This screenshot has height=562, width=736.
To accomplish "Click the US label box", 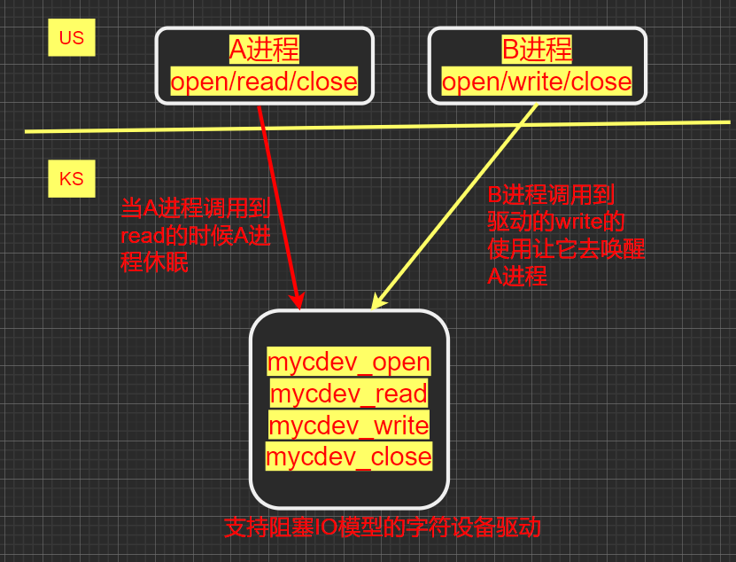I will (71, 39).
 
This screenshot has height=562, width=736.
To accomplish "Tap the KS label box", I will (71, 179).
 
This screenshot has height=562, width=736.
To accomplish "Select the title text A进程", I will (264, 50).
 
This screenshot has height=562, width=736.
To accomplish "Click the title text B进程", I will (537, 50).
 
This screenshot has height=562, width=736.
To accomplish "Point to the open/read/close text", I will (264, 82).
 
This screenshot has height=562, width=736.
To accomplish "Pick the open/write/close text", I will (537, 82).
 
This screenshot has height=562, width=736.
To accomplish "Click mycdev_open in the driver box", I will (349, 362).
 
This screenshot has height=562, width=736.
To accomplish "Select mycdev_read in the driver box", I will (349, 394).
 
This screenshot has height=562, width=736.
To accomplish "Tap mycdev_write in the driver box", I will (349, 425).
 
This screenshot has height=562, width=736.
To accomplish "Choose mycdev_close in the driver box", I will (349, 457).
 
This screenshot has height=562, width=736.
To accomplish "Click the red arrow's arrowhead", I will (298, 300).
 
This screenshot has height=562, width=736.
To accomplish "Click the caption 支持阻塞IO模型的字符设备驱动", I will (382, 528).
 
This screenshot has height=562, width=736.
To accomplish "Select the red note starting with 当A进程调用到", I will (196, 235).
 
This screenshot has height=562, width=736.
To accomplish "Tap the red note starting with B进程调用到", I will (565, 235).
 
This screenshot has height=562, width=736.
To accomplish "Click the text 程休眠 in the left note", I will (154, 263).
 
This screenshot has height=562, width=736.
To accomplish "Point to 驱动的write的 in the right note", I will (556, 222).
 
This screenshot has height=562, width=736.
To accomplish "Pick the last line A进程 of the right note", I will (517, 277).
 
